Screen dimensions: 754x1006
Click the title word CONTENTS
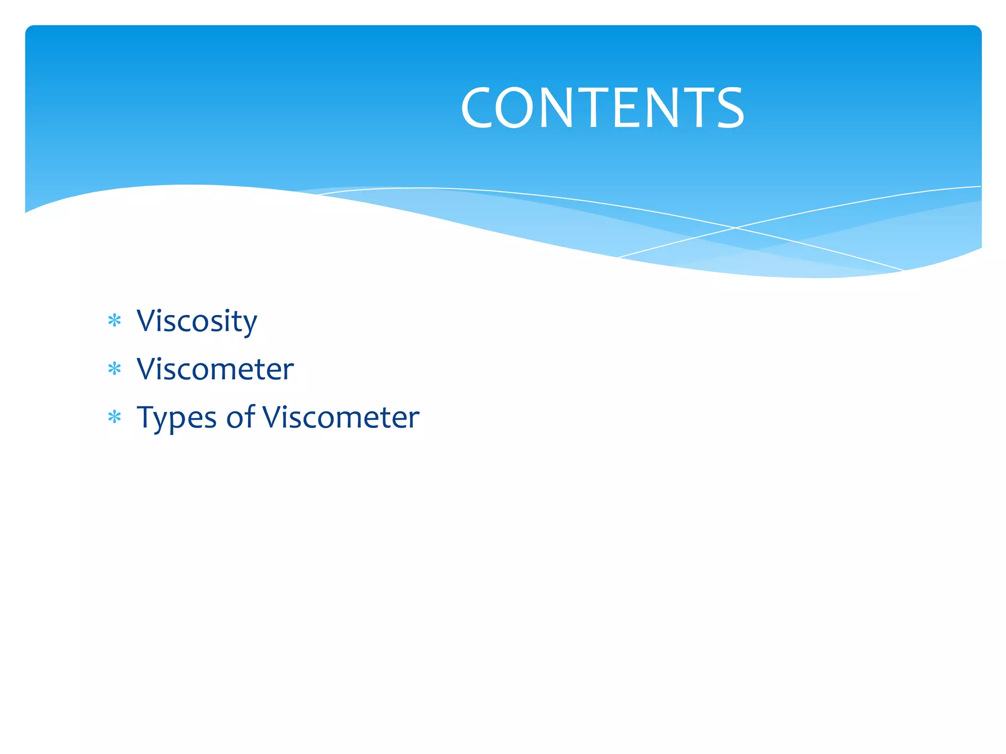tap(602, 108)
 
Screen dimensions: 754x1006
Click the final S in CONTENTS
tap(730, 108)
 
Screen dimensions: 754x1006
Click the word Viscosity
tap(196, 322)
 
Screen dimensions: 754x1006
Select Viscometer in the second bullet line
tap(215, 369)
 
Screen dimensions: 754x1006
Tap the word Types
tap(176, 419)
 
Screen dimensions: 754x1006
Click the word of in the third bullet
tap(241, 417)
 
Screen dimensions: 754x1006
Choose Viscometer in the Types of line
tap(341, 417)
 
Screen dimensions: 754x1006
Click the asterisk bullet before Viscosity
tap(114, 321)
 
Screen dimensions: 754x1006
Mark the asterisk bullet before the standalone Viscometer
tap(114, 369)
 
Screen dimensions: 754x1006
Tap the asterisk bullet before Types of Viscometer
tap(114, 417)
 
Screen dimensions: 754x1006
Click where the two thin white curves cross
tap(735, 228)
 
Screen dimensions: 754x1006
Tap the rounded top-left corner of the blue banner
tap(30, 30)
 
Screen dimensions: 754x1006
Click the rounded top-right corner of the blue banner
tap(976, 30)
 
